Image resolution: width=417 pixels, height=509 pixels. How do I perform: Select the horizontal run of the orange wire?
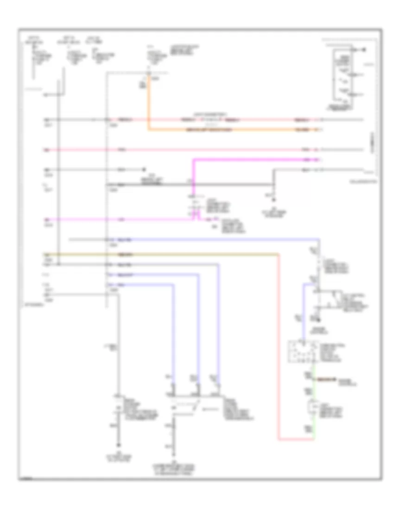tap(232, 130)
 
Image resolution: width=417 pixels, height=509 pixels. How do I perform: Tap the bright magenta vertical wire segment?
tap(194, 180)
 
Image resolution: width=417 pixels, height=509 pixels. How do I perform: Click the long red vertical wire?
tap(279, 347)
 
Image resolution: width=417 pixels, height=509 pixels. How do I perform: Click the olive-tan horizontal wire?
tap(185, 254)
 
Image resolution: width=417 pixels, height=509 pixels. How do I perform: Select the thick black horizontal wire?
tap(185, 185)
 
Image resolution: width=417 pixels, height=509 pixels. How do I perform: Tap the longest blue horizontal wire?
tap(208, 240)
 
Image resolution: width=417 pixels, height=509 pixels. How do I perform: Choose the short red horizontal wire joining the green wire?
tap(297, 439)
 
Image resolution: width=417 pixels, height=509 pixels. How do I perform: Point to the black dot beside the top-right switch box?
tap(366, 50)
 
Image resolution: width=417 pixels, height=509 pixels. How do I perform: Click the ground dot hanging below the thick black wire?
tap(274, 200)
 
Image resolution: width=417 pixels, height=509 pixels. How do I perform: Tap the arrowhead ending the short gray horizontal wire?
tap(144, 169)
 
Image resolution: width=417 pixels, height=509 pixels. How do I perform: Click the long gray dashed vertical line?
tap(106, 185)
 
